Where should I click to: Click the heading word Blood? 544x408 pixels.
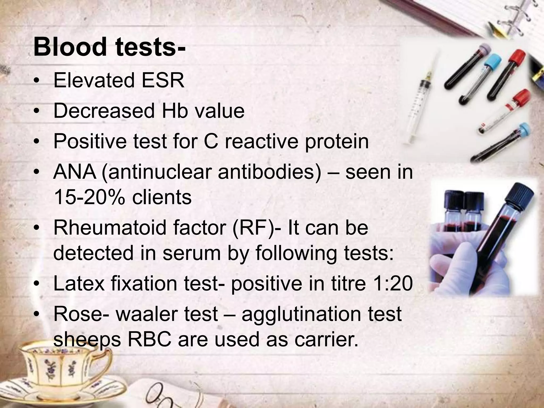click(70, 47)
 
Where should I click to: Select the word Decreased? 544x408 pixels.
click(104, 111)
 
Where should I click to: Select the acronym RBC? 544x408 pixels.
click(150, 339)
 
